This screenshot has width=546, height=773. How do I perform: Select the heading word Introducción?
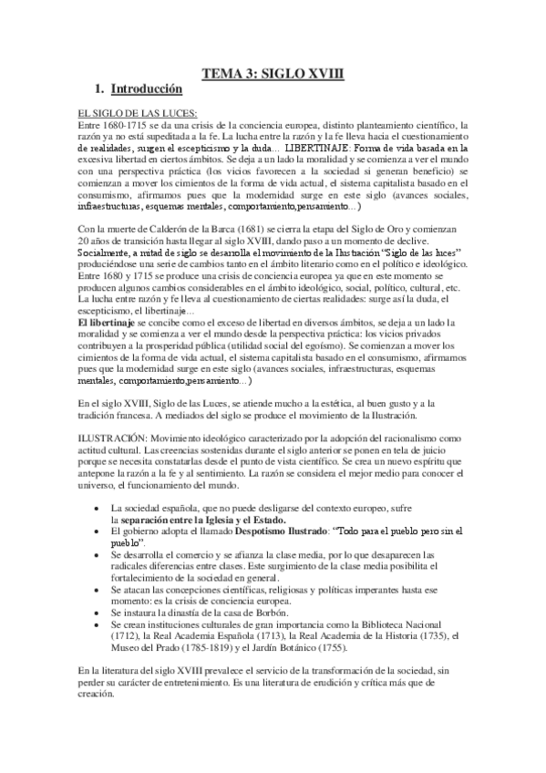pyautogui.click(x=147, y=90)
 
